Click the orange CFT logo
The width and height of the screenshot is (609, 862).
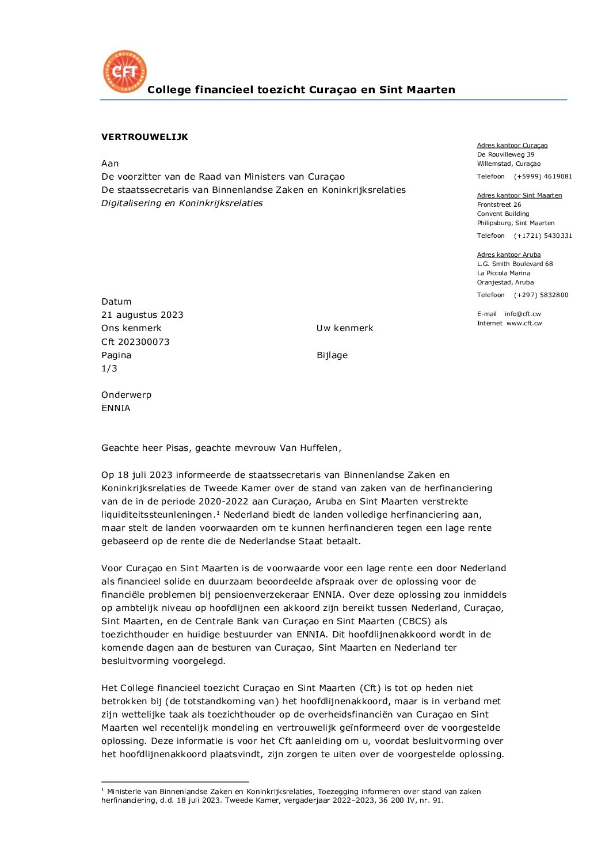[x=124, y=71]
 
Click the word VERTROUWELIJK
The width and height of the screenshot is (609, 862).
[x=144, y=137]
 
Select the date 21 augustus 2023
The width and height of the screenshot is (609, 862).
[x=142, y=315]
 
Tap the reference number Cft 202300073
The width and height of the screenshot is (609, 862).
[x=135, y=342]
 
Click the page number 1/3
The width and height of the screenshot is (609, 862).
[x=109, y=369]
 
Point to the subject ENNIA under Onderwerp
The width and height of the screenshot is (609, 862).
[x=116, y=408]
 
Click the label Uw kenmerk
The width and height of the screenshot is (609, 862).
[x=345, y=328]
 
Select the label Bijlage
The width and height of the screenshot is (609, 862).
[x=332, y=355]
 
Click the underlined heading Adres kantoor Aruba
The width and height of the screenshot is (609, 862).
[x=509, y=255]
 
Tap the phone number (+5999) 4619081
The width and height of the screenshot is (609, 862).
[x=543, y=177]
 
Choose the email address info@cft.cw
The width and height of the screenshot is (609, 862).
[x=523, y=314]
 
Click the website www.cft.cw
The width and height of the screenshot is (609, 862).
[x=524, y=324]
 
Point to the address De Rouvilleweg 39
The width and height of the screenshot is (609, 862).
[x=505, y=154]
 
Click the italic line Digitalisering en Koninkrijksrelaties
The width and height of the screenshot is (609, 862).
[x=182, y=203]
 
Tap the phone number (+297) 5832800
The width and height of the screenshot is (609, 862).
[x=541, y=295]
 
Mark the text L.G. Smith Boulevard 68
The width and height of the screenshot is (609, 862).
[x=515, y=264]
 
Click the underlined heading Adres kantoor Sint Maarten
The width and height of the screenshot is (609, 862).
[x=519, y=196]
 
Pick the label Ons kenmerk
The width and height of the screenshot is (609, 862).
[x=131, y=328]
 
